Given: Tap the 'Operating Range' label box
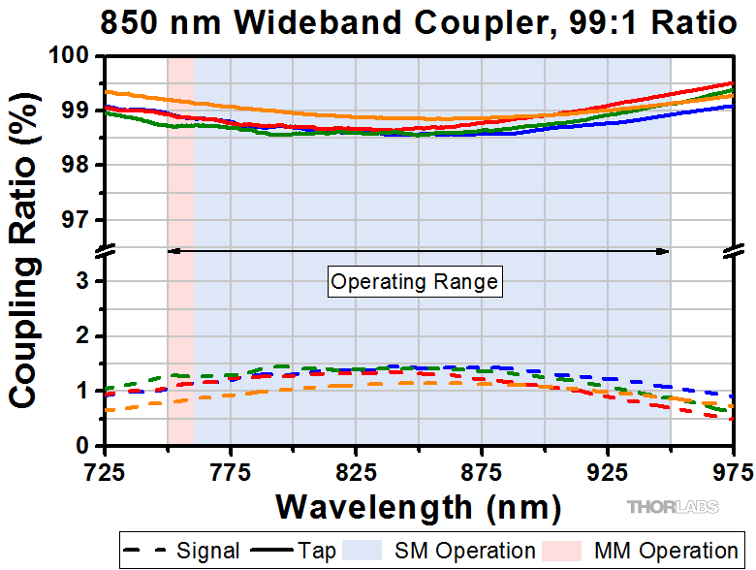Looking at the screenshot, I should [x=415, y=282].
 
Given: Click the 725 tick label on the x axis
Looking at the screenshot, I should [x=105, y=472].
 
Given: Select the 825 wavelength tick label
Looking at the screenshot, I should [x=356, y=472].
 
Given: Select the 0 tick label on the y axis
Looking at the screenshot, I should [x=87, y=446].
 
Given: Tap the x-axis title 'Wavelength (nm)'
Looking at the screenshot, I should [x=418, y=505].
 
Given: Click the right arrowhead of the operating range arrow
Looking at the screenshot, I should [x=664, y=251].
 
